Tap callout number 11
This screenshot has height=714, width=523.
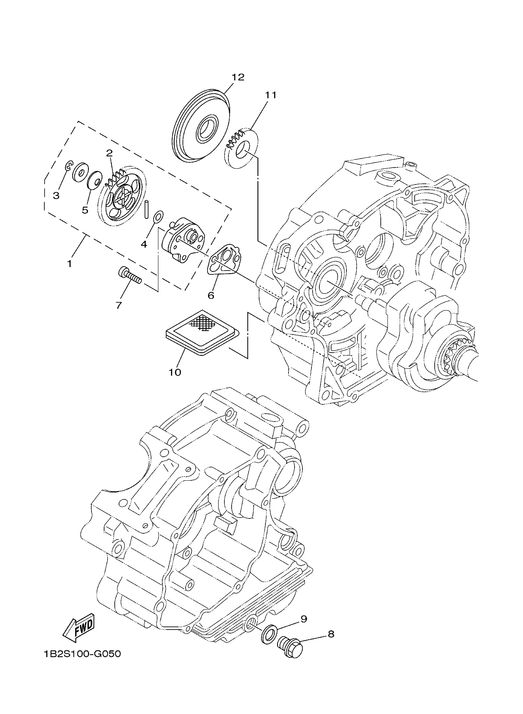pos(271,95)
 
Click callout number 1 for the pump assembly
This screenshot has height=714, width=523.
pos(70,263)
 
